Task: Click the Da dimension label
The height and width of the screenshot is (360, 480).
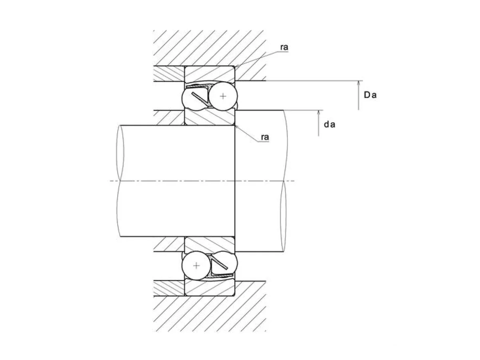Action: [370, 95]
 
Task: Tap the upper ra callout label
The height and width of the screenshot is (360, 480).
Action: [284, 47]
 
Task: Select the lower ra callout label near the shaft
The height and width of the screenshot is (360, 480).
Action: [265, 137]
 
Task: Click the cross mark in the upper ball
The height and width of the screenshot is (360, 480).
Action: [223, 96]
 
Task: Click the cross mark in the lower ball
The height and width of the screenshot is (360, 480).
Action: [196, 266]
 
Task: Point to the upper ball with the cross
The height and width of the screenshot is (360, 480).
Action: [223, 96]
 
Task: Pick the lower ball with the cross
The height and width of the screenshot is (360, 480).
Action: [196, 266]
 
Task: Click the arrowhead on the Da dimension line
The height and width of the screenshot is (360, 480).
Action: [358, 84]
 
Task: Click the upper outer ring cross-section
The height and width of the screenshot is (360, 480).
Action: [210, 74]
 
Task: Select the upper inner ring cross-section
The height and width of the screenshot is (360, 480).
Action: [210, 117]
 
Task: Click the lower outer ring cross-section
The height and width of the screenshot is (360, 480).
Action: [210, 288]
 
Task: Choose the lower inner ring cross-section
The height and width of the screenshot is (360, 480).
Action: [210, 245]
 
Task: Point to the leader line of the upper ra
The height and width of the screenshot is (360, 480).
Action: [258, 59]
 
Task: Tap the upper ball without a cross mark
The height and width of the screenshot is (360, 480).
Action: [195, 98]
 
